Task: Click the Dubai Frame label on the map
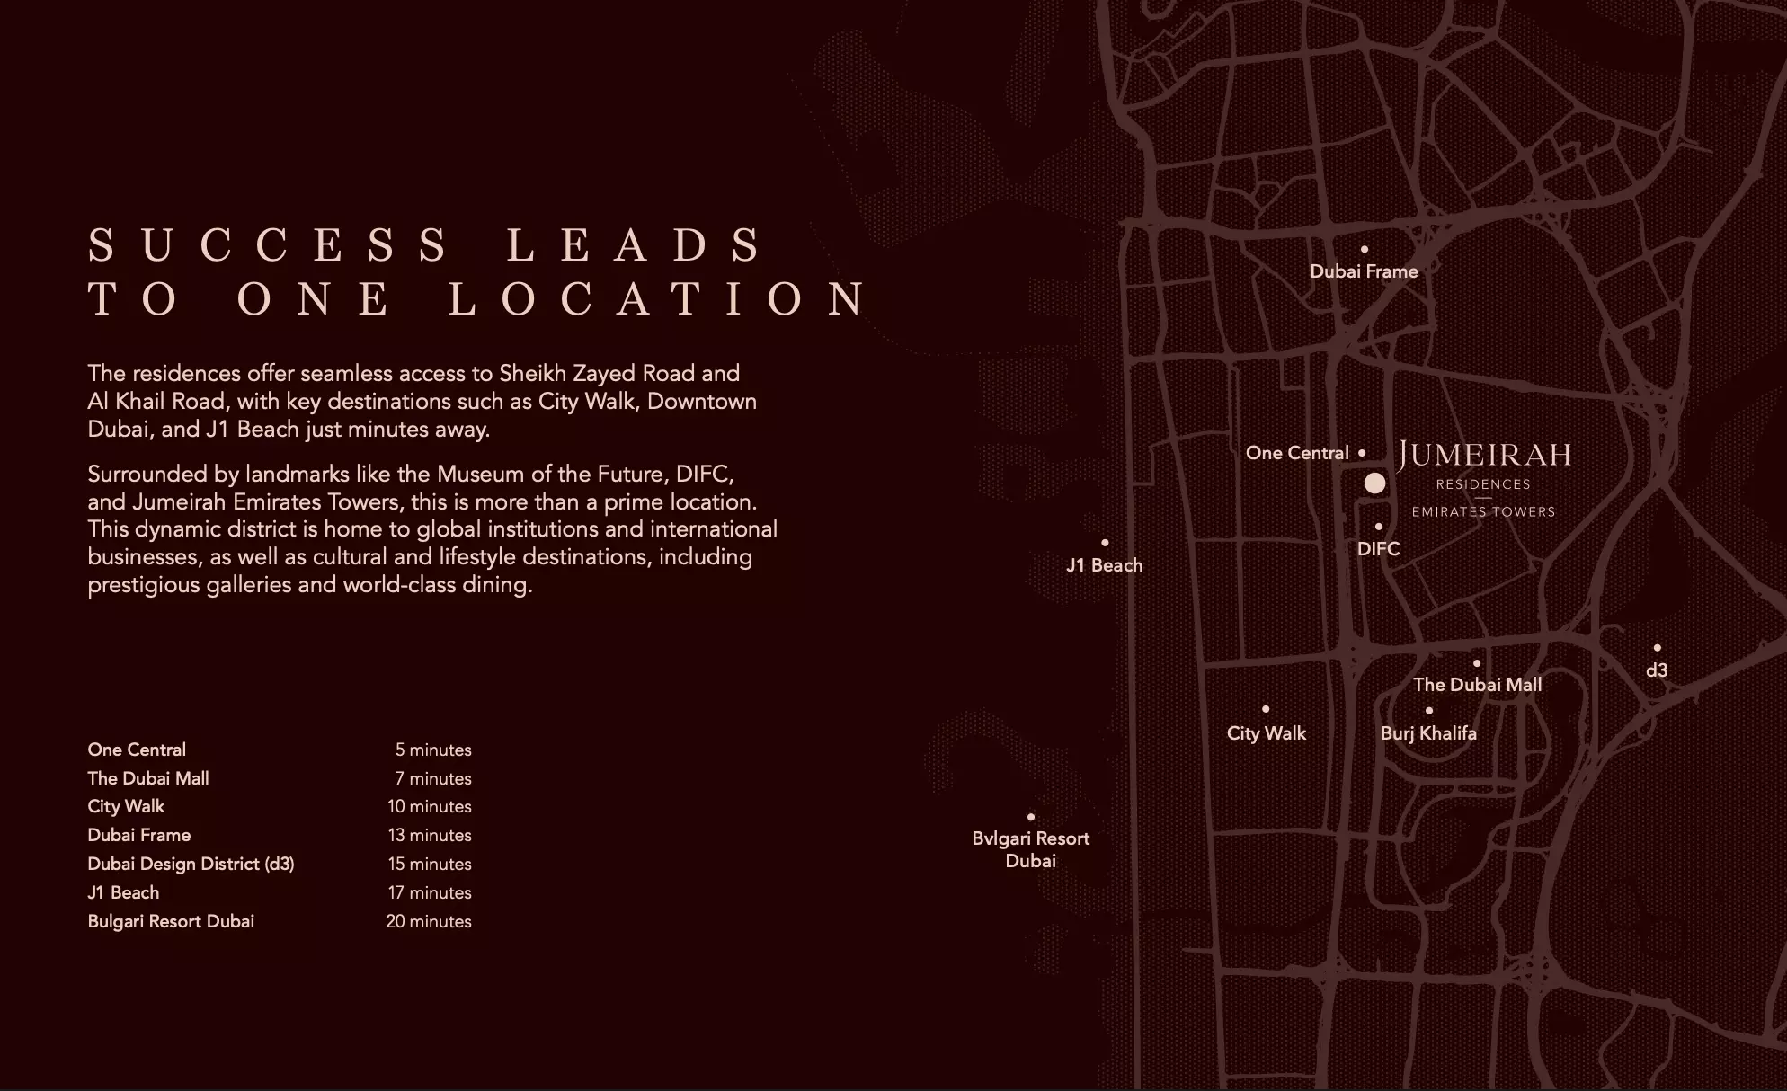click(1364, 271)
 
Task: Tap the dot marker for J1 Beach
click(1105, 543)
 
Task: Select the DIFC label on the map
click(1378, 549)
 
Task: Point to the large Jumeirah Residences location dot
click(1374, 483)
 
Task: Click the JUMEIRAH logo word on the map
click(1484, 455)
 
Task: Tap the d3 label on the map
click(1657, 670)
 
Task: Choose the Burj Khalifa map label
click(1428, 733)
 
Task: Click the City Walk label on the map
click(1266, 733)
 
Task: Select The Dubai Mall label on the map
click(1477, 685)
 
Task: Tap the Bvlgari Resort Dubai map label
click(1030, 849)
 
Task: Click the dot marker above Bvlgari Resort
click(1031, 817)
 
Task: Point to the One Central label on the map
click(1297, 453)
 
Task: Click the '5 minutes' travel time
click(433, 750)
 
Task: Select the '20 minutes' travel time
click(429, 921)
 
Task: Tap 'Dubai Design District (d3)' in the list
click(191, 864)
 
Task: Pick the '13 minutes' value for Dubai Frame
click(430, 835)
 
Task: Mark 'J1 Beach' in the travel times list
click(123, 892)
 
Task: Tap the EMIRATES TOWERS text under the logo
click(1483, 512)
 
